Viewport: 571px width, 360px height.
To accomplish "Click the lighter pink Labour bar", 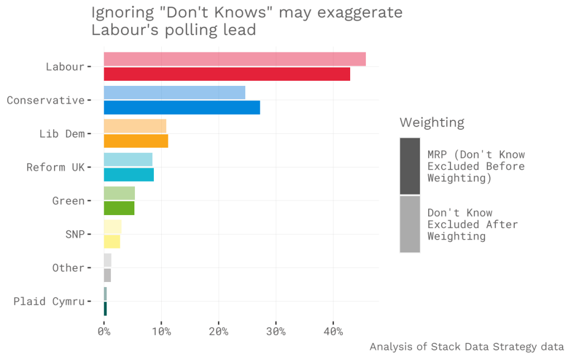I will pos(234,59).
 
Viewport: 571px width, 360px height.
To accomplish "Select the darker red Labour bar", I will pos(226,74).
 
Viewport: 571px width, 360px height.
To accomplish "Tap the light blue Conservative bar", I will pos(174,93).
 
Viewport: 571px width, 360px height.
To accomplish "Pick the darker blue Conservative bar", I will pos(182,108).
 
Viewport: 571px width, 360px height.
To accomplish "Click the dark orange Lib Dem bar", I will pos(136,141).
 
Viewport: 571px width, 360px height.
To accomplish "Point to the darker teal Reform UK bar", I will pos(128,174).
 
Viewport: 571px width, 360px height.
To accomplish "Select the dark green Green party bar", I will pos(119,208).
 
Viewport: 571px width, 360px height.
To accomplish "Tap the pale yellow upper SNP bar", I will pos(112,227).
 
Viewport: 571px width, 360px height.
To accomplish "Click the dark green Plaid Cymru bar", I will pos(105,308).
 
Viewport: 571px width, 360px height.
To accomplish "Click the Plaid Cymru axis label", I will pos(49,301).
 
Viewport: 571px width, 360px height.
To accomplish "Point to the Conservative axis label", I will pos(45,100).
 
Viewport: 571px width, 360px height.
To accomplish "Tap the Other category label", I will pos(68,267).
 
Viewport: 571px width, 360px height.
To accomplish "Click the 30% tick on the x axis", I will pos(275,332).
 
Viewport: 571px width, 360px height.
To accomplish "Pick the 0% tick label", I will pos(104,332).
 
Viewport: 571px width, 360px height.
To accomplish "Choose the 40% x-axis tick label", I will pos(333,332).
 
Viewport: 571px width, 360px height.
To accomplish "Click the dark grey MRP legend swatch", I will pos(410,166).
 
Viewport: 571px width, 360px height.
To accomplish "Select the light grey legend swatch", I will pos(410,224).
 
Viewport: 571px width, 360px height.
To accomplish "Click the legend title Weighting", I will pos(432,122).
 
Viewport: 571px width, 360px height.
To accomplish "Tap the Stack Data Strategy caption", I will pos(466,347).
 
